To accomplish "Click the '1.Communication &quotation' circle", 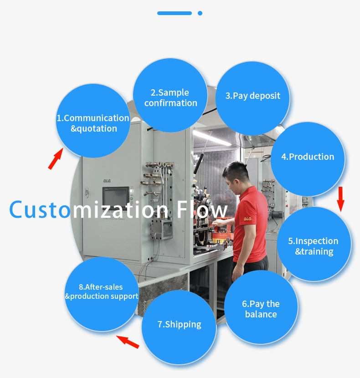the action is click(x=93, y=121).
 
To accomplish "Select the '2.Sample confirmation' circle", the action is click(x=170, y=95).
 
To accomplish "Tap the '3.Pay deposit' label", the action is click(x=252, y=96).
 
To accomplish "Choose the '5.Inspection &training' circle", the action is click(x=314, y=244).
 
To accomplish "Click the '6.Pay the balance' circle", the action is click(x=261, y=307).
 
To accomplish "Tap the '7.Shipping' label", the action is click(x=179, y=324).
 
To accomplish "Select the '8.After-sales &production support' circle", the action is click(x=102, y=294).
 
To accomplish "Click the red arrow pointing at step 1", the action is click(x=56, y=158).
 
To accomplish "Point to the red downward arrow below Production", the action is click(x=340, y=199).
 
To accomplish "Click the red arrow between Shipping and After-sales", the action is click(x=128, y=342).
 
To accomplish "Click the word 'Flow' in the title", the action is click(x=202, y=209).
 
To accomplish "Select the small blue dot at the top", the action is click(x=200, y=13).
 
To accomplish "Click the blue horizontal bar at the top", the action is click(x=175, y=13).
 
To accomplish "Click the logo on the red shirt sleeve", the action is click(x=247, y=219).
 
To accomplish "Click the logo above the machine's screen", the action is click(x=107, y=180).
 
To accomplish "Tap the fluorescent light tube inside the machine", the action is click(x=212, y=138).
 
